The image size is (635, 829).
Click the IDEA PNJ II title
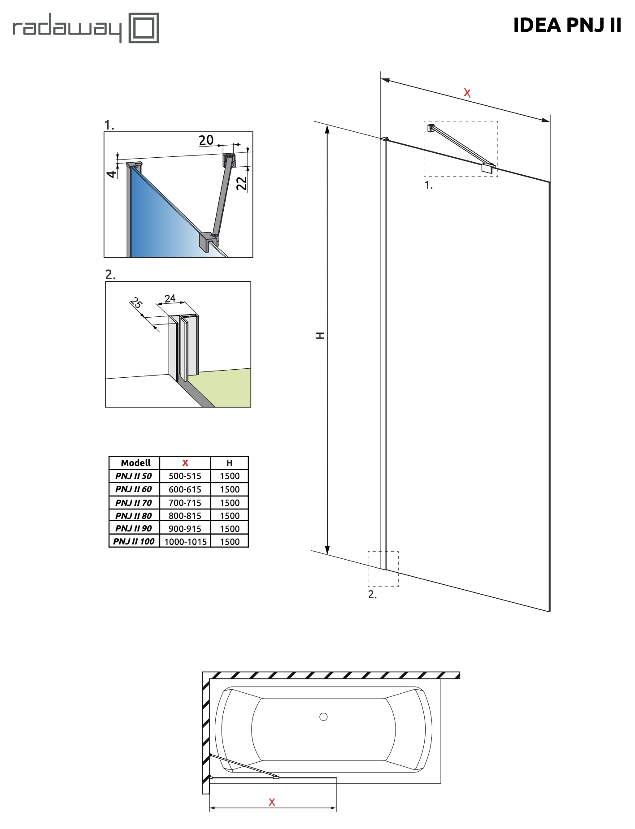point(567,25)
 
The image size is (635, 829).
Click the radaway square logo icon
point(144,28)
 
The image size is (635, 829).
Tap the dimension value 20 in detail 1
point(206,140)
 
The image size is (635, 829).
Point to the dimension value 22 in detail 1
point(241,183)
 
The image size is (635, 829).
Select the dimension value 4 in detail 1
point(111,173)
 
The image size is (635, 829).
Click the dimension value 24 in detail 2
point(170,298)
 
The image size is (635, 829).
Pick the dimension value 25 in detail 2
point(136,303)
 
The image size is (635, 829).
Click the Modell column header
point(135,463)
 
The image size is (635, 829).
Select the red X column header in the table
point(185,463)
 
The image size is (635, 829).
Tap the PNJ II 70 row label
point(134,503)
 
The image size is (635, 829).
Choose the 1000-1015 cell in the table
point(186,542)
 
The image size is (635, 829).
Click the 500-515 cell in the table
point(185,476)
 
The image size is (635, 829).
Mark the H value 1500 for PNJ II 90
point(230,529)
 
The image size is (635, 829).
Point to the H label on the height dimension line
point(320,335)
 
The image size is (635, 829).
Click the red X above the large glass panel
point(467,93)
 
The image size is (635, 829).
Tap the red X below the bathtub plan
point(272,802)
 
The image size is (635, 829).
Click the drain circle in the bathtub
point(323,717)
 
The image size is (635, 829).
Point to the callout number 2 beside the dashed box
point(372,594)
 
